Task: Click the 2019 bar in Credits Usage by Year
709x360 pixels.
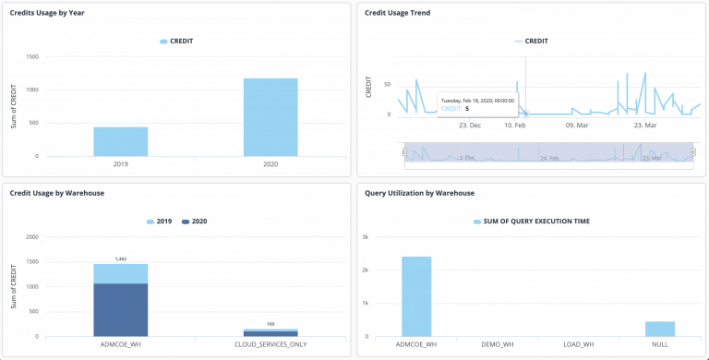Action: [x=120, y=141]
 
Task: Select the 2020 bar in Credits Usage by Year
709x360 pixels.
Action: [x=270, y=117]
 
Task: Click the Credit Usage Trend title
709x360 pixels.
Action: [x=397, y=13]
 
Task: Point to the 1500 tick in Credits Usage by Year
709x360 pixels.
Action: [x=32, y=56]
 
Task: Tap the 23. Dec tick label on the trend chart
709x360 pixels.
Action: [x=470, y=124]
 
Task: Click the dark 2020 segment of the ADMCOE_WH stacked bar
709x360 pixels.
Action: [x=120, y=309]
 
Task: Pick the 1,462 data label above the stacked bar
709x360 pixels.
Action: [x=120, y=259]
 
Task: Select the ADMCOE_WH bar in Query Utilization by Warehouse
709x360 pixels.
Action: [x=416, y=296]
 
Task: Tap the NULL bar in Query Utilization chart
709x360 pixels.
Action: [x=659, y=329]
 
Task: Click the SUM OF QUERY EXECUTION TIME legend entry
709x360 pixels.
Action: [x=532, y=222]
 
